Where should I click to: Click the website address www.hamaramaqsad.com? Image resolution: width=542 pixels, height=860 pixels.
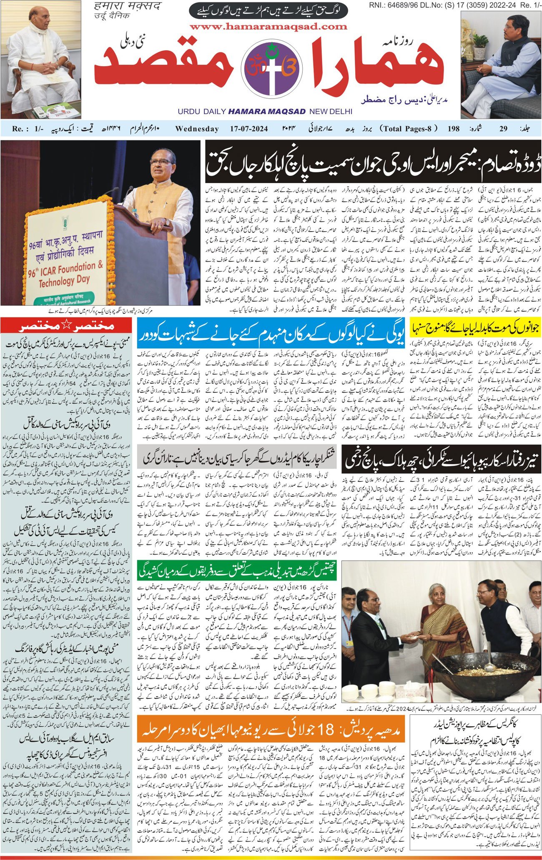[268, 27]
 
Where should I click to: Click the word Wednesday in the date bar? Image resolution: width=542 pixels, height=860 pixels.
[197, 129]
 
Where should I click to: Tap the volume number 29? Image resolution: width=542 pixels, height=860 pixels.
[503, 129]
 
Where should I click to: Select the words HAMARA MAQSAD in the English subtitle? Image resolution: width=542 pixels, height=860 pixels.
[267, 112]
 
